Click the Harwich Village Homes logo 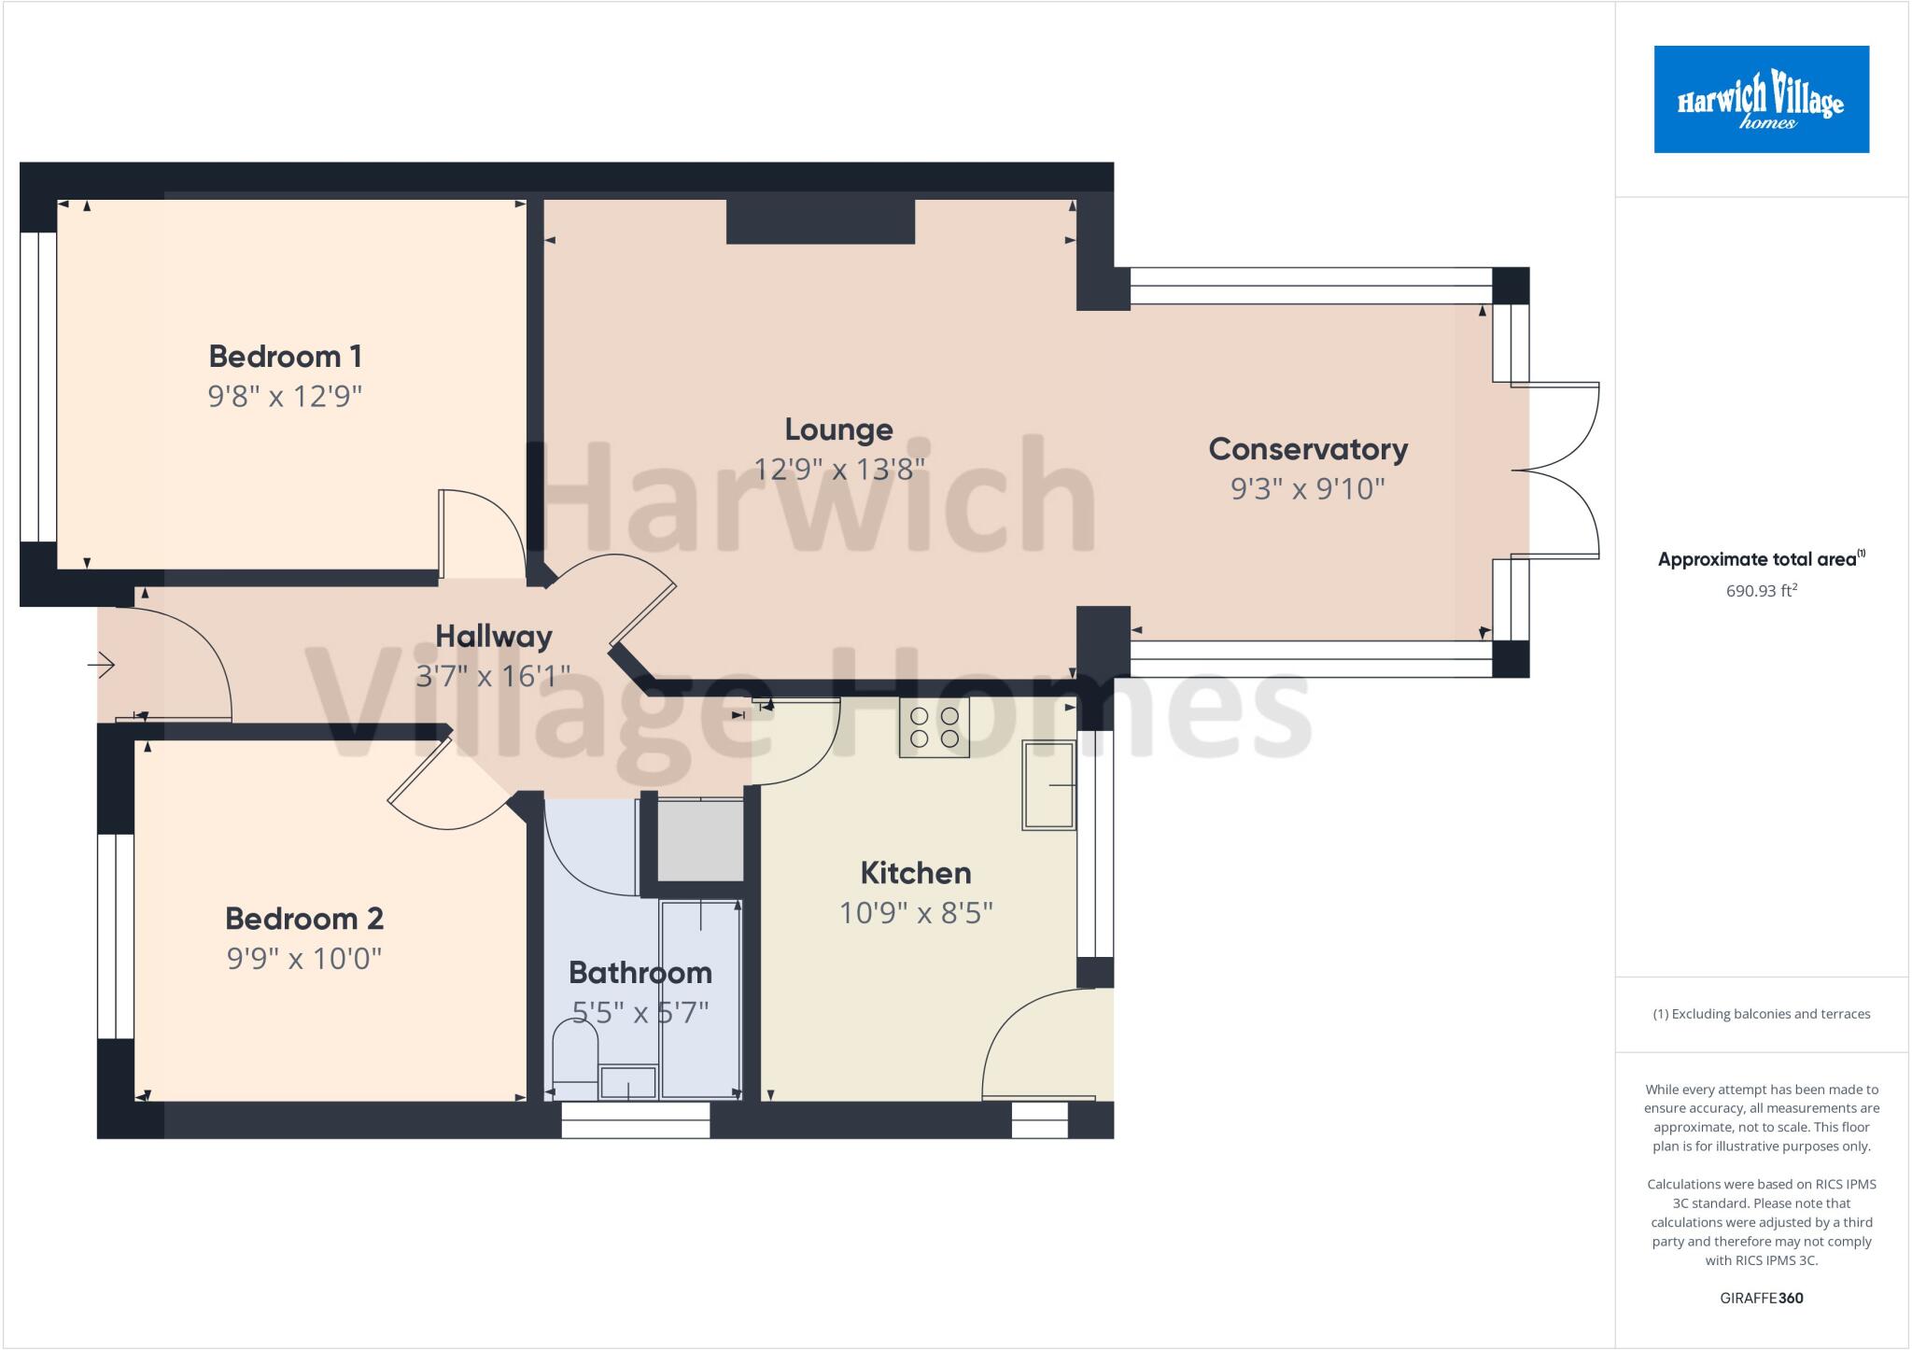pos(1761,99)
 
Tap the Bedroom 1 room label pos(285,356)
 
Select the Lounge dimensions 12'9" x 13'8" pos(838,469)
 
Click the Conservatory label pos(1308,449)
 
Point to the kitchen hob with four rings pos(935,727)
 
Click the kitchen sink pos(1048,785)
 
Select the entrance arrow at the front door pos(101,665)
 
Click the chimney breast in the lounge pos(820,221)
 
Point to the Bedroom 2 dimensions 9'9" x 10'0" pos(304,959)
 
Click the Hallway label pos(494,637)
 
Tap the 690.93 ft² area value pos(1761,591)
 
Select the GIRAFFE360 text pos(1761,1298)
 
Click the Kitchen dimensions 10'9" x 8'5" pos(916,913)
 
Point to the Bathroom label pos(640,973)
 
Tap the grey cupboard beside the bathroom pos(700,838)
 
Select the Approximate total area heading pos(1761,559)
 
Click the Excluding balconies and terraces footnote pos(1761,1014)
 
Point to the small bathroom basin pos(627,1083)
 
